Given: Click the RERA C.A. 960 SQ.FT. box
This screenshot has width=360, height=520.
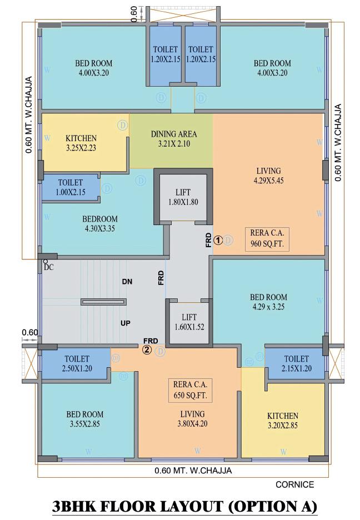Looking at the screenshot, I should [268, 239].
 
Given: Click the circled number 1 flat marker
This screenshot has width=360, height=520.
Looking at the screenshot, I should [218, 240].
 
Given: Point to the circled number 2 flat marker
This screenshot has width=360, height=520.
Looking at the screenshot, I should [147, 350].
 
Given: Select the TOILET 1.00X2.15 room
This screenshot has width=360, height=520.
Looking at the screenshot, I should [71, 187].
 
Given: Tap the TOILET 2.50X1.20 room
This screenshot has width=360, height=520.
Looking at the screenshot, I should [77, 364].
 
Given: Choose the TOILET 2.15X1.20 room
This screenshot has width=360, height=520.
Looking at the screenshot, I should [296, 364].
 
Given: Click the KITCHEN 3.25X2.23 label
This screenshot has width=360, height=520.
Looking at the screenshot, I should [81, 143].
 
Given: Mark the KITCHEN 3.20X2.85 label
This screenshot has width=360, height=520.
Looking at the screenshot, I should [283, 421].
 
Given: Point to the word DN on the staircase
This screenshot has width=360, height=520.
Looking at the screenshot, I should [127, 282].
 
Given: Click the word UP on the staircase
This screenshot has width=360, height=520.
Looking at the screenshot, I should [126, 322].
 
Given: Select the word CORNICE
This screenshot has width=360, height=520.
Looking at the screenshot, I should [294, 484].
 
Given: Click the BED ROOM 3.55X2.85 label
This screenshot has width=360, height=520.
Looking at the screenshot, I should [84, 419].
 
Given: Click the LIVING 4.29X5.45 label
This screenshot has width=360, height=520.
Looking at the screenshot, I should [268, 176].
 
